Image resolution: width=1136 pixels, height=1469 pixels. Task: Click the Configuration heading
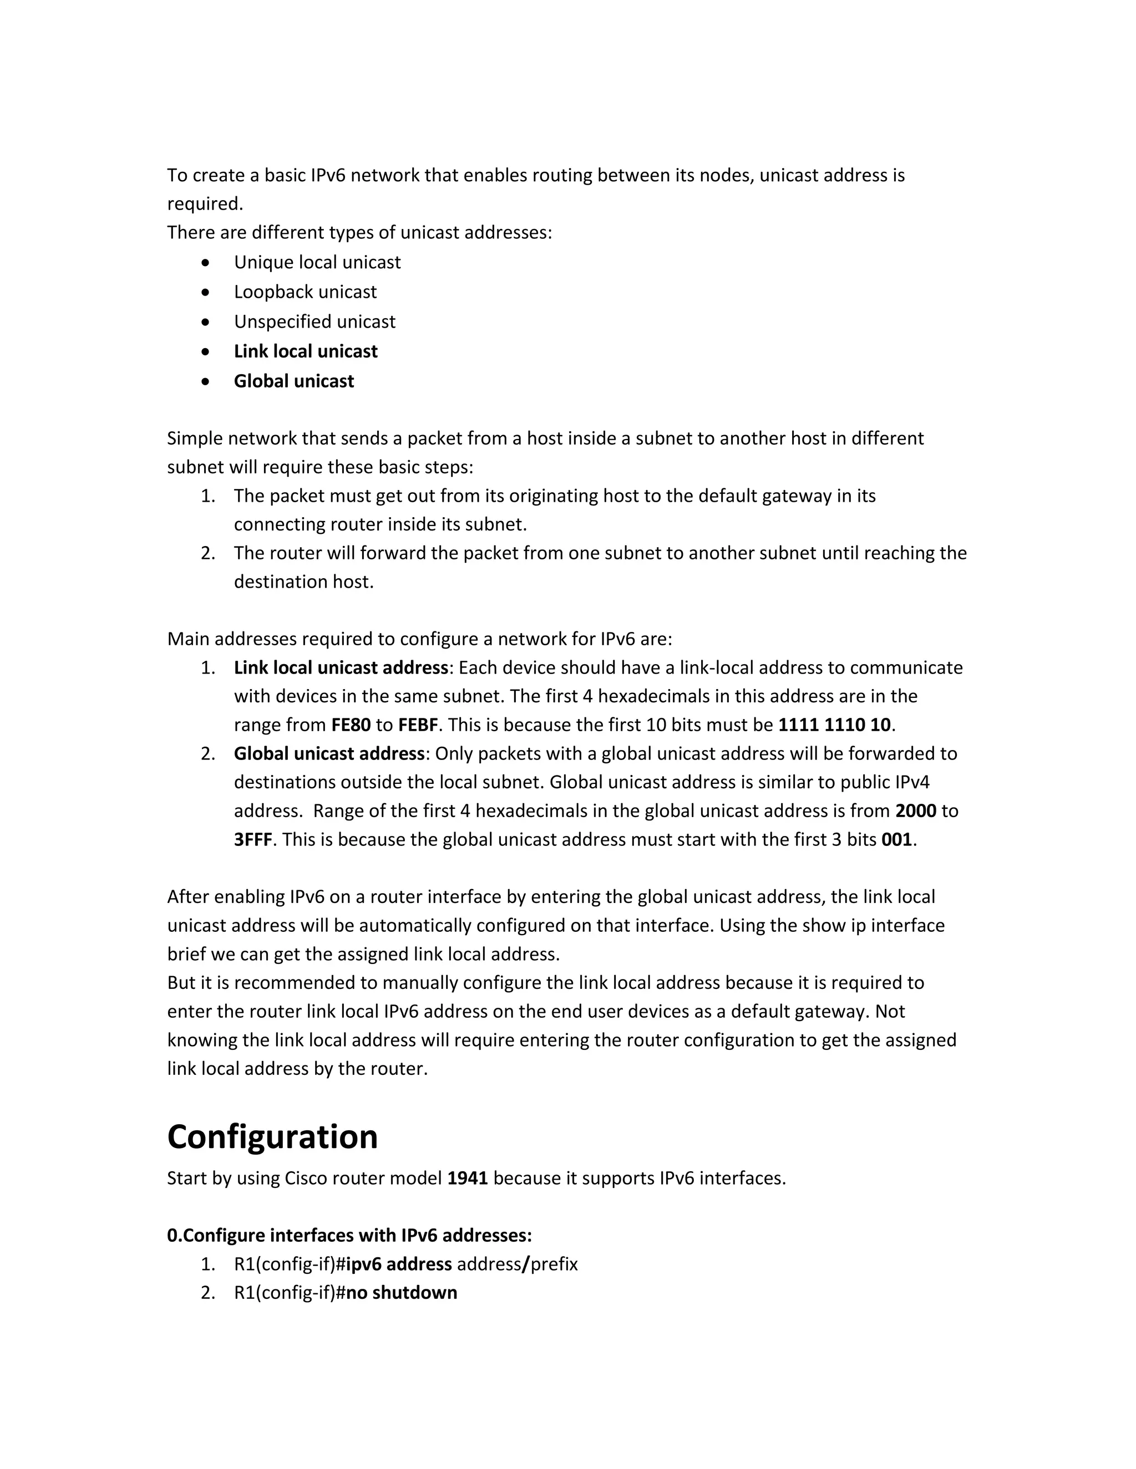coord(272,1138)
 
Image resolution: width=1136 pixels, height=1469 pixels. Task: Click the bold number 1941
coord(467,1179)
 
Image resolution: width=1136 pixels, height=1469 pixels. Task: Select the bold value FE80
coord(351,725)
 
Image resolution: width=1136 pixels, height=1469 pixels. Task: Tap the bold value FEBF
coord(418,725)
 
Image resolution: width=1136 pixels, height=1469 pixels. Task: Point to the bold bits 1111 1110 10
coord(834,725)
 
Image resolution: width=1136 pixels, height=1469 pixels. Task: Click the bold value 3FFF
coord(252,840)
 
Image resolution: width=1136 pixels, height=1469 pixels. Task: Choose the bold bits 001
coord(896,840)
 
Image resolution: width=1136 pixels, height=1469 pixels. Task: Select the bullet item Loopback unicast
coord(305,292)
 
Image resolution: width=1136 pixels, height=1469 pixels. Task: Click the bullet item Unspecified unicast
coord(315,322)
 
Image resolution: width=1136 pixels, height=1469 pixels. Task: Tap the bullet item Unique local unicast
coord(317,262)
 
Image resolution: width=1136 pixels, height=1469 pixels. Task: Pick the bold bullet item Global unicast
coord(293,381)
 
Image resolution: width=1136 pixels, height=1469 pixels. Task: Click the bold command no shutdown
coord(401,1293)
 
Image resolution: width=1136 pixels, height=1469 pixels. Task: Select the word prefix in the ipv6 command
coord(554,1264)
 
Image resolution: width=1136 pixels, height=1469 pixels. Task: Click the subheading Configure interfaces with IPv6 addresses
coord(349,1236)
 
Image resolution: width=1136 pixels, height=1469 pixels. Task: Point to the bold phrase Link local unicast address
coord(341,668)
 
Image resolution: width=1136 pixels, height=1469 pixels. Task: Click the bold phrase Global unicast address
coord(329,754)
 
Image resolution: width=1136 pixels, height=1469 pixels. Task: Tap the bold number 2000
coord(915,811)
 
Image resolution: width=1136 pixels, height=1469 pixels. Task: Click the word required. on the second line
coord(205,204)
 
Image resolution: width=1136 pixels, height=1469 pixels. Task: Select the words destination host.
coord(303,582)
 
